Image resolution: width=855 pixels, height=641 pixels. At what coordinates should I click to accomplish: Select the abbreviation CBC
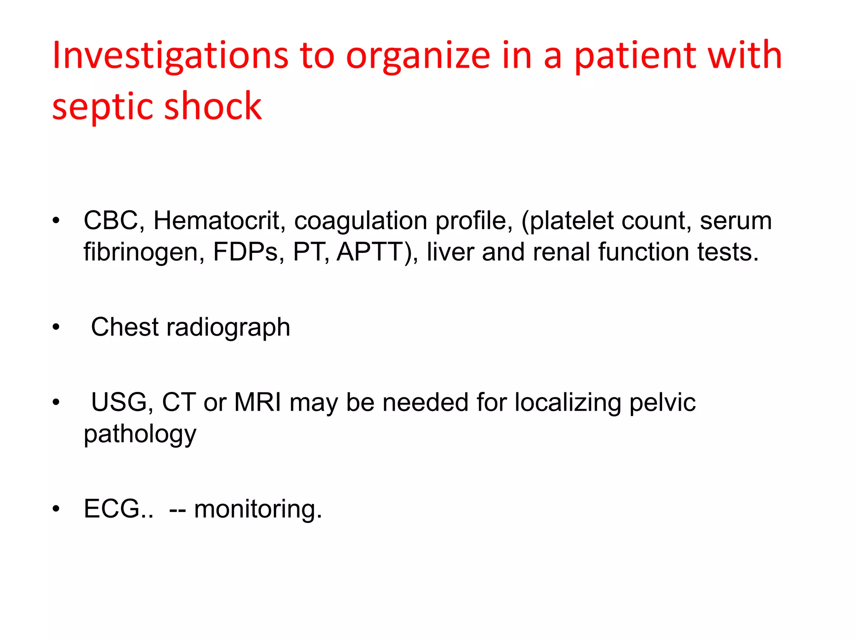(111, 220)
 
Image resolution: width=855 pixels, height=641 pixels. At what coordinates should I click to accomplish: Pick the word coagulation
(361, 220)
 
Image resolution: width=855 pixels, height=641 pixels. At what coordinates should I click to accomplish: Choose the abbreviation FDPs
(245, 252)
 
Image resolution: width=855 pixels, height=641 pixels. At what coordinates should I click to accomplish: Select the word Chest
(124, 327)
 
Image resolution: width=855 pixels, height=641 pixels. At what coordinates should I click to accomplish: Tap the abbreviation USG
(118, 402)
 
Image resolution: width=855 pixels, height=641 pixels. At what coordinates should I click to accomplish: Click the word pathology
(140, 434)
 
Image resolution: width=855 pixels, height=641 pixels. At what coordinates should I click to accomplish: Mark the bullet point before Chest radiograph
(56, 328)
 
